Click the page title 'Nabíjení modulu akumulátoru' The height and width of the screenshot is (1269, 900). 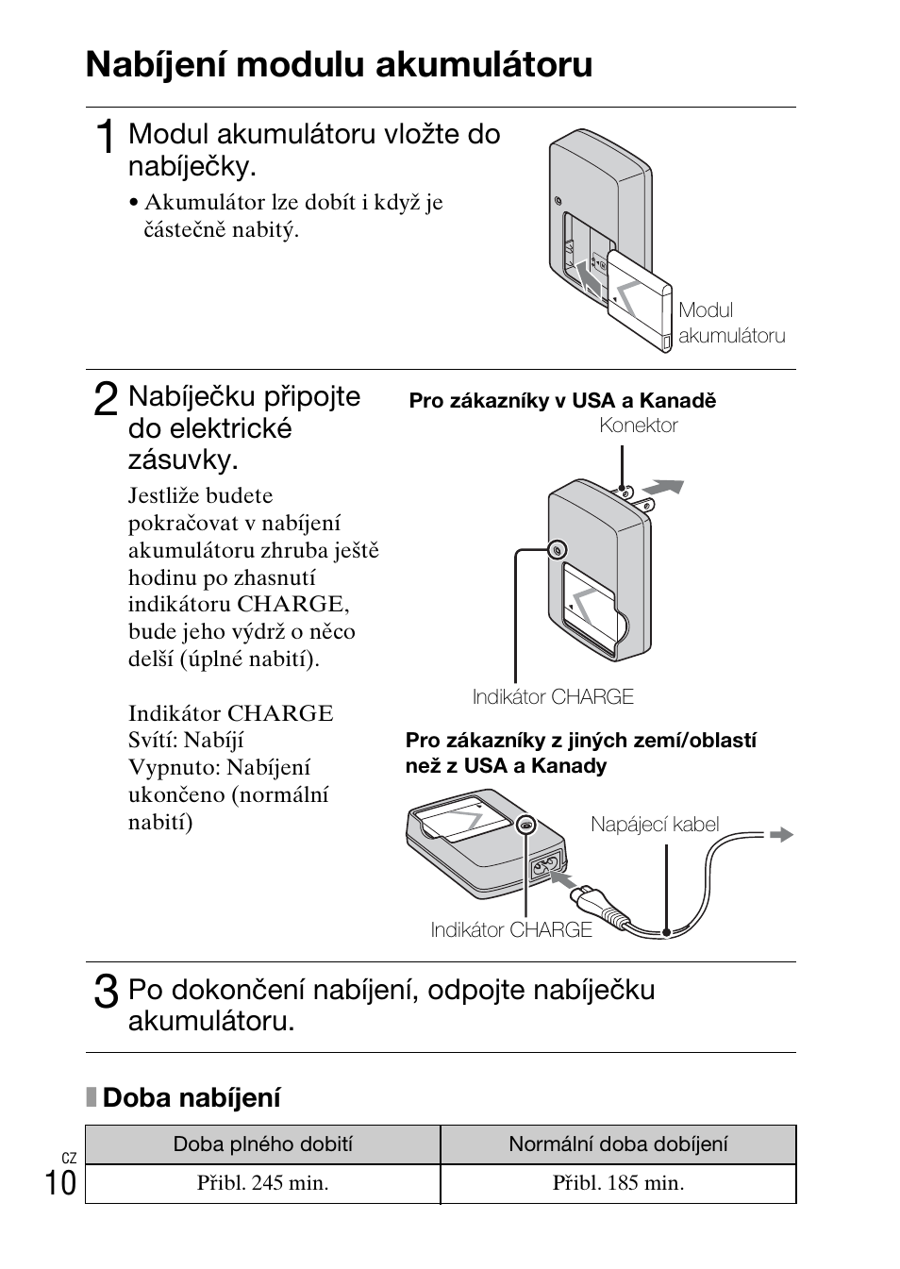(339, 65)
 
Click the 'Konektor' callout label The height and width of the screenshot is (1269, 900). (639, 426)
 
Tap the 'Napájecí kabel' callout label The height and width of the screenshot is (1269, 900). (655, 825)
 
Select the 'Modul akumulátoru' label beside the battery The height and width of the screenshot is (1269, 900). (731, 324)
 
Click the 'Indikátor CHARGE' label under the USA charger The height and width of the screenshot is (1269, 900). (553, 697)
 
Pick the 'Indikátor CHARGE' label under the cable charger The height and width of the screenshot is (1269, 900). (511, 930)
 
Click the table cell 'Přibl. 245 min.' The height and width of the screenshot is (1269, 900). (262, 1183)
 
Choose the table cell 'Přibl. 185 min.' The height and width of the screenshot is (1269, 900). (618, 1183)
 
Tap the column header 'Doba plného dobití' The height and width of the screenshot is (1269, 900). (262, 1144)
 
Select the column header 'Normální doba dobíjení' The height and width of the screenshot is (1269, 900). (618, 1144)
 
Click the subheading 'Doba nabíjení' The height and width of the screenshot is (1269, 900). (191, 1097)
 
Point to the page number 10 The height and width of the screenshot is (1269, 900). (60, 1181)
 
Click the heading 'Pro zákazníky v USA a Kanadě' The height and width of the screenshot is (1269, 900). (562, 401)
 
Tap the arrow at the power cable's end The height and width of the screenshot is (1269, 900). (781, 834)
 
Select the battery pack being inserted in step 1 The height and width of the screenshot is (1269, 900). (639, 300)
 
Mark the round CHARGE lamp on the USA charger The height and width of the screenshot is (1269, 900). (558, 550)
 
